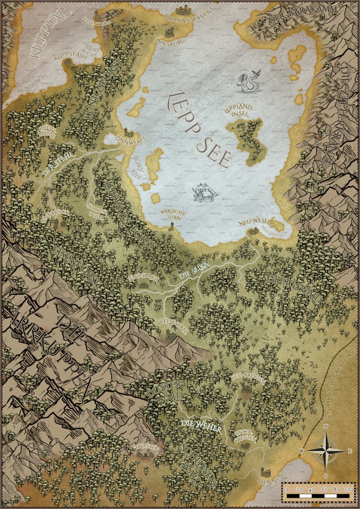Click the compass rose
325,450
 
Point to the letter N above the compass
326,426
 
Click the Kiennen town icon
265,471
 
